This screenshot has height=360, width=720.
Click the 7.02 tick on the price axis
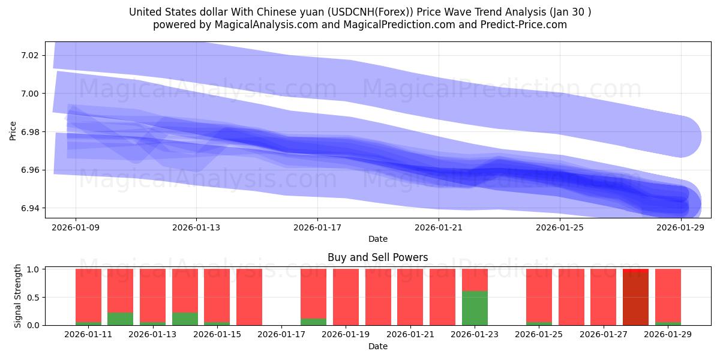click(29, 55)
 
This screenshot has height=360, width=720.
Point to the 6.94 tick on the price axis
click(29, 208)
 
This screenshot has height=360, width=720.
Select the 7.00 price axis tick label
click(29, 94)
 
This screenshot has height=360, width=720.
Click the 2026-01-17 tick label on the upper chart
click(317, 228)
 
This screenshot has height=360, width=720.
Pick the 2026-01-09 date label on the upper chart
click(75, 228)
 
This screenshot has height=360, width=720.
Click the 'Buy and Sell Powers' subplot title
click(377, 257)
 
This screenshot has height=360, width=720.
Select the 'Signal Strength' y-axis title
click(18, 296)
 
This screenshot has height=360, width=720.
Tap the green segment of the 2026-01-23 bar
click(475, 308)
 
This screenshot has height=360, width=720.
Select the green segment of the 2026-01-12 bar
click(121, 319)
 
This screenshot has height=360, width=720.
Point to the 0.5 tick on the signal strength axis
click(33, 297)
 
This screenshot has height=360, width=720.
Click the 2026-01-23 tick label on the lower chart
click(475, 335)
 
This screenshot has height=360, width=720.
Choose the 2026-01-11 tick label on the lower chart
click(88, 335)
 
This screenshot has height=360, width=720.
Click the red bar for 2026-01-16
click(249, 297)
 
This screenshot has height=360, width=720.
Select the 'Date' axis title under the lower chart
click(377, 346)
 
